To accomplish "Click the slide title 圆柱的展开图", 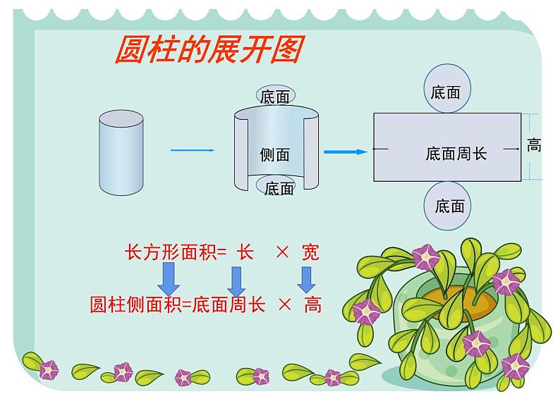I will point(208,51).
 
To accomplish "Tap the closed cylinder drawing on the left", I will point(121,152).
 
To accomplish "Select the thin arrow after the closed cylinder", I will point(192,150).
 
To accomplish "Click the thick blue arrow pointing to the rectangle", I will point(345,152).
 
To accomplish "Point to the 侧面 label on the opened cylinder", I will point(274,155).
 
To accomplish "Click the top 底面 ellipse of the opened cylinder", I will point(274,97).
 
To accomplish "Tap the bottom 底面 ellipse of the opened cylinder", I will point(278,188).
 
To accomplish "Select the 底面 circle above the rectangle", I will point(445,92).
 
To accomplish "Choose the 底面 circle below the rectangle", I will point(449,206).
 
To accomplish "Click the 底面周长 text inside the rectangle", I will point(456,153).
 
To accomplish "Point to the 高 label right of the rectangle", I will point(534,146).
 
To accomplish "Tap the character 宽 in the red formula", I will point(310,252).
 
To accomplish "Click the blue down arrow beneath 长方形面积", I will point(169,278).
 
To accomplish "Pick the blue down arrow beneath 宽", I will point(305,278).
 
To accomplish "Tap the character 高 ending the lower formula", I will point(312,304).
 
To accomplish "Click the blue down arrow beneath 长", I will point(236,281).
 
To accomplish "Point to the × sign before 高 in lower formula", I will point(285,304).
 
